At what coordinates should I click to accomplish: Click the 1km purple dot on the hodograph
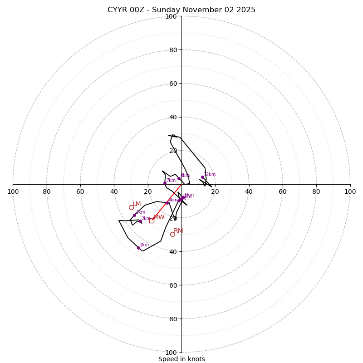[x=138, y=248]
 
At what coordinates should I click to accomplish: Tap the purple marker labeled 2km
[x=140, y=221]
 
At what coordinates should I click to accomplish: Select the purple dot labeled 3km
[x=134, y=215]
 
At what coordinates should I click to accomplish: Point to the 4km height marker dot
[x=167, y=203]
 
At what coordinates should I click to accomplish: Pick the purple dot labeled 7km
[x=165, y=183]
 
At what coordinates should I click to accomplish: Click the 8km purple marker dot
[x=179, y=178]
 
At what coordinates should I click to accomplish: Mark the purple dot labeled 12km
[x=202, y=177]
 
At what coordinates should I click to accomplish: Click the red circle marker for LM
[x=131, y=207]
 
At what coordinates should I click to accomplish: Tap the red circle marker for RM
[x=172, y=234]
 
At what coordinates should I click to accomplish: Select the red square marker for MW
[x=152, y=221]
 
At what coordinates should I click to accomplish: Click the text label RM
[x=178, y=231]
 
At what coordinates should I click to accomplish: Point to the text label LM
[x=137, y=204]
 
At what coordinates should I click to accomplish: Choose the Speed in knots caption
[x=181, y=359]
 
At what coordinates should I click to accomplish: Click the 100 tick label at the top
[x=171, y=17]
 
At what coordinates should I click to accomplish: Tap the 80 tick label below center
[x=171, y=319]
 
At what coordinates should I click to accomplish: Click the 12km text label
[x=210, y=175]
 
